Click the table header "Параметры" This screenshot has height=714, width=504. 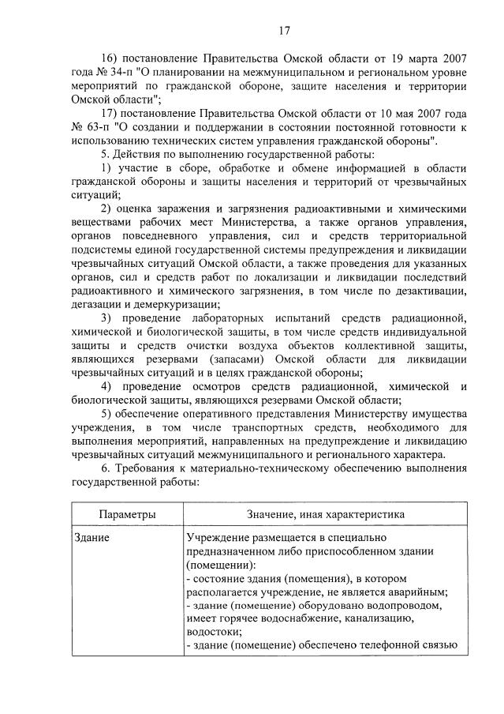pos(127,514)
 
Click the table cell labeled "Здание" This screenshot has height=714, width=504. pos(91,538)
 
